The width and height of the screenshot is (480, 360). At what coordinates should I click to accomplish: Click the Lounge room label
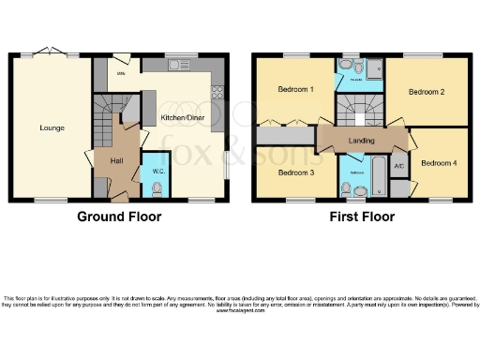tap(52, 127)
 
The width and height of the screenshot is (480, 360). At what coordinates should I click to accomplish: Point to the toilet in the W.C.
tap(157, 188)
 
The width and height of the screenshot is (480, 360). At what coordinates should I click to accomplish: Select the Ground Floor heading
tap(117, 217)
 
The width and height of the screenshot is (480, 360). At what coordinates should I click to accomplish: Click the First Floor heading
tap(360, 217)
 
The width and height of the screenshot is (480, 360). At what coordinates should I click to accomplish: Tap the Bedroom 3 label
tap(295, 173)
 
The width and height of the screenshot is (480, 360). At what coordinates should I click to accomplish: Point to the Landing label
tap(362, 141)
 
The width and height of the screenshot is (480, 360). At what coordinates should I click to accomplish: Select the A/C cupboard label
tap(398, 166)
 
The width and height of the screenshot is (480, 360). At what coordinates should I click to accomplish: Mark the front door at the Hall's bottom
tap(118, 198)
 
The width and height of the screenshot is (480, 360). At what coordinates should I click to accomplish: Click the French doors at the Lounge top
tap(52, 54)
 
